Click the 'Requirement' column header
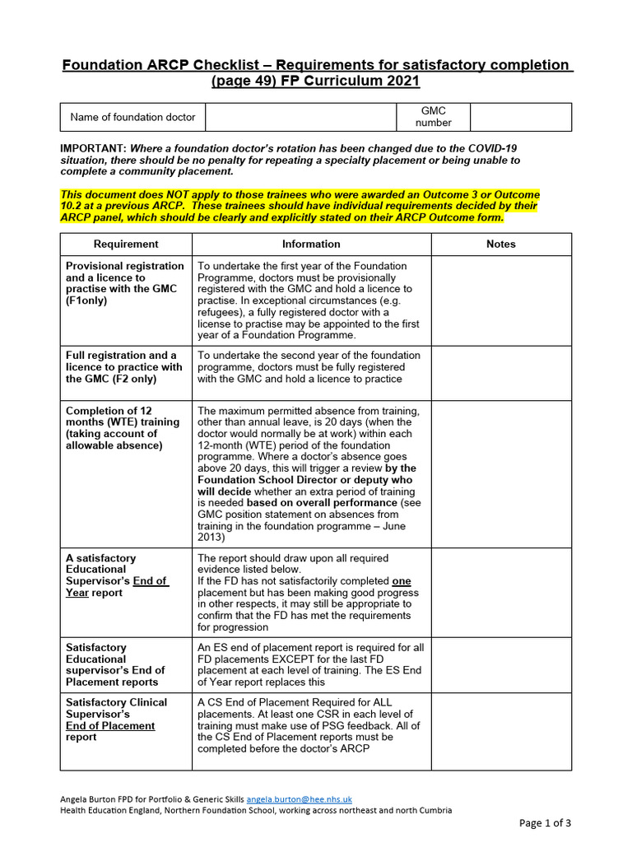pos(126,244)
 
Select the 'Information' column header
pos(311,244)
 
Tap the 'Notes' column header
pos(500,244)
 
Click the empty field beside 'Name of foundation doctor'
pos(301,117)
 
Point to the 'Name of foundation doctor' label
pos(132,117)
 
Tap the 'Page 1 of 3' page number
pos(544,822)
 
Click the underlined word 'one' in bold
pos(401,581)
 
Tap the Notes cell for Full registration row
pos(500,372)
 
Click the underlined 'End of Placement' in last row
pos(110,726)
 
